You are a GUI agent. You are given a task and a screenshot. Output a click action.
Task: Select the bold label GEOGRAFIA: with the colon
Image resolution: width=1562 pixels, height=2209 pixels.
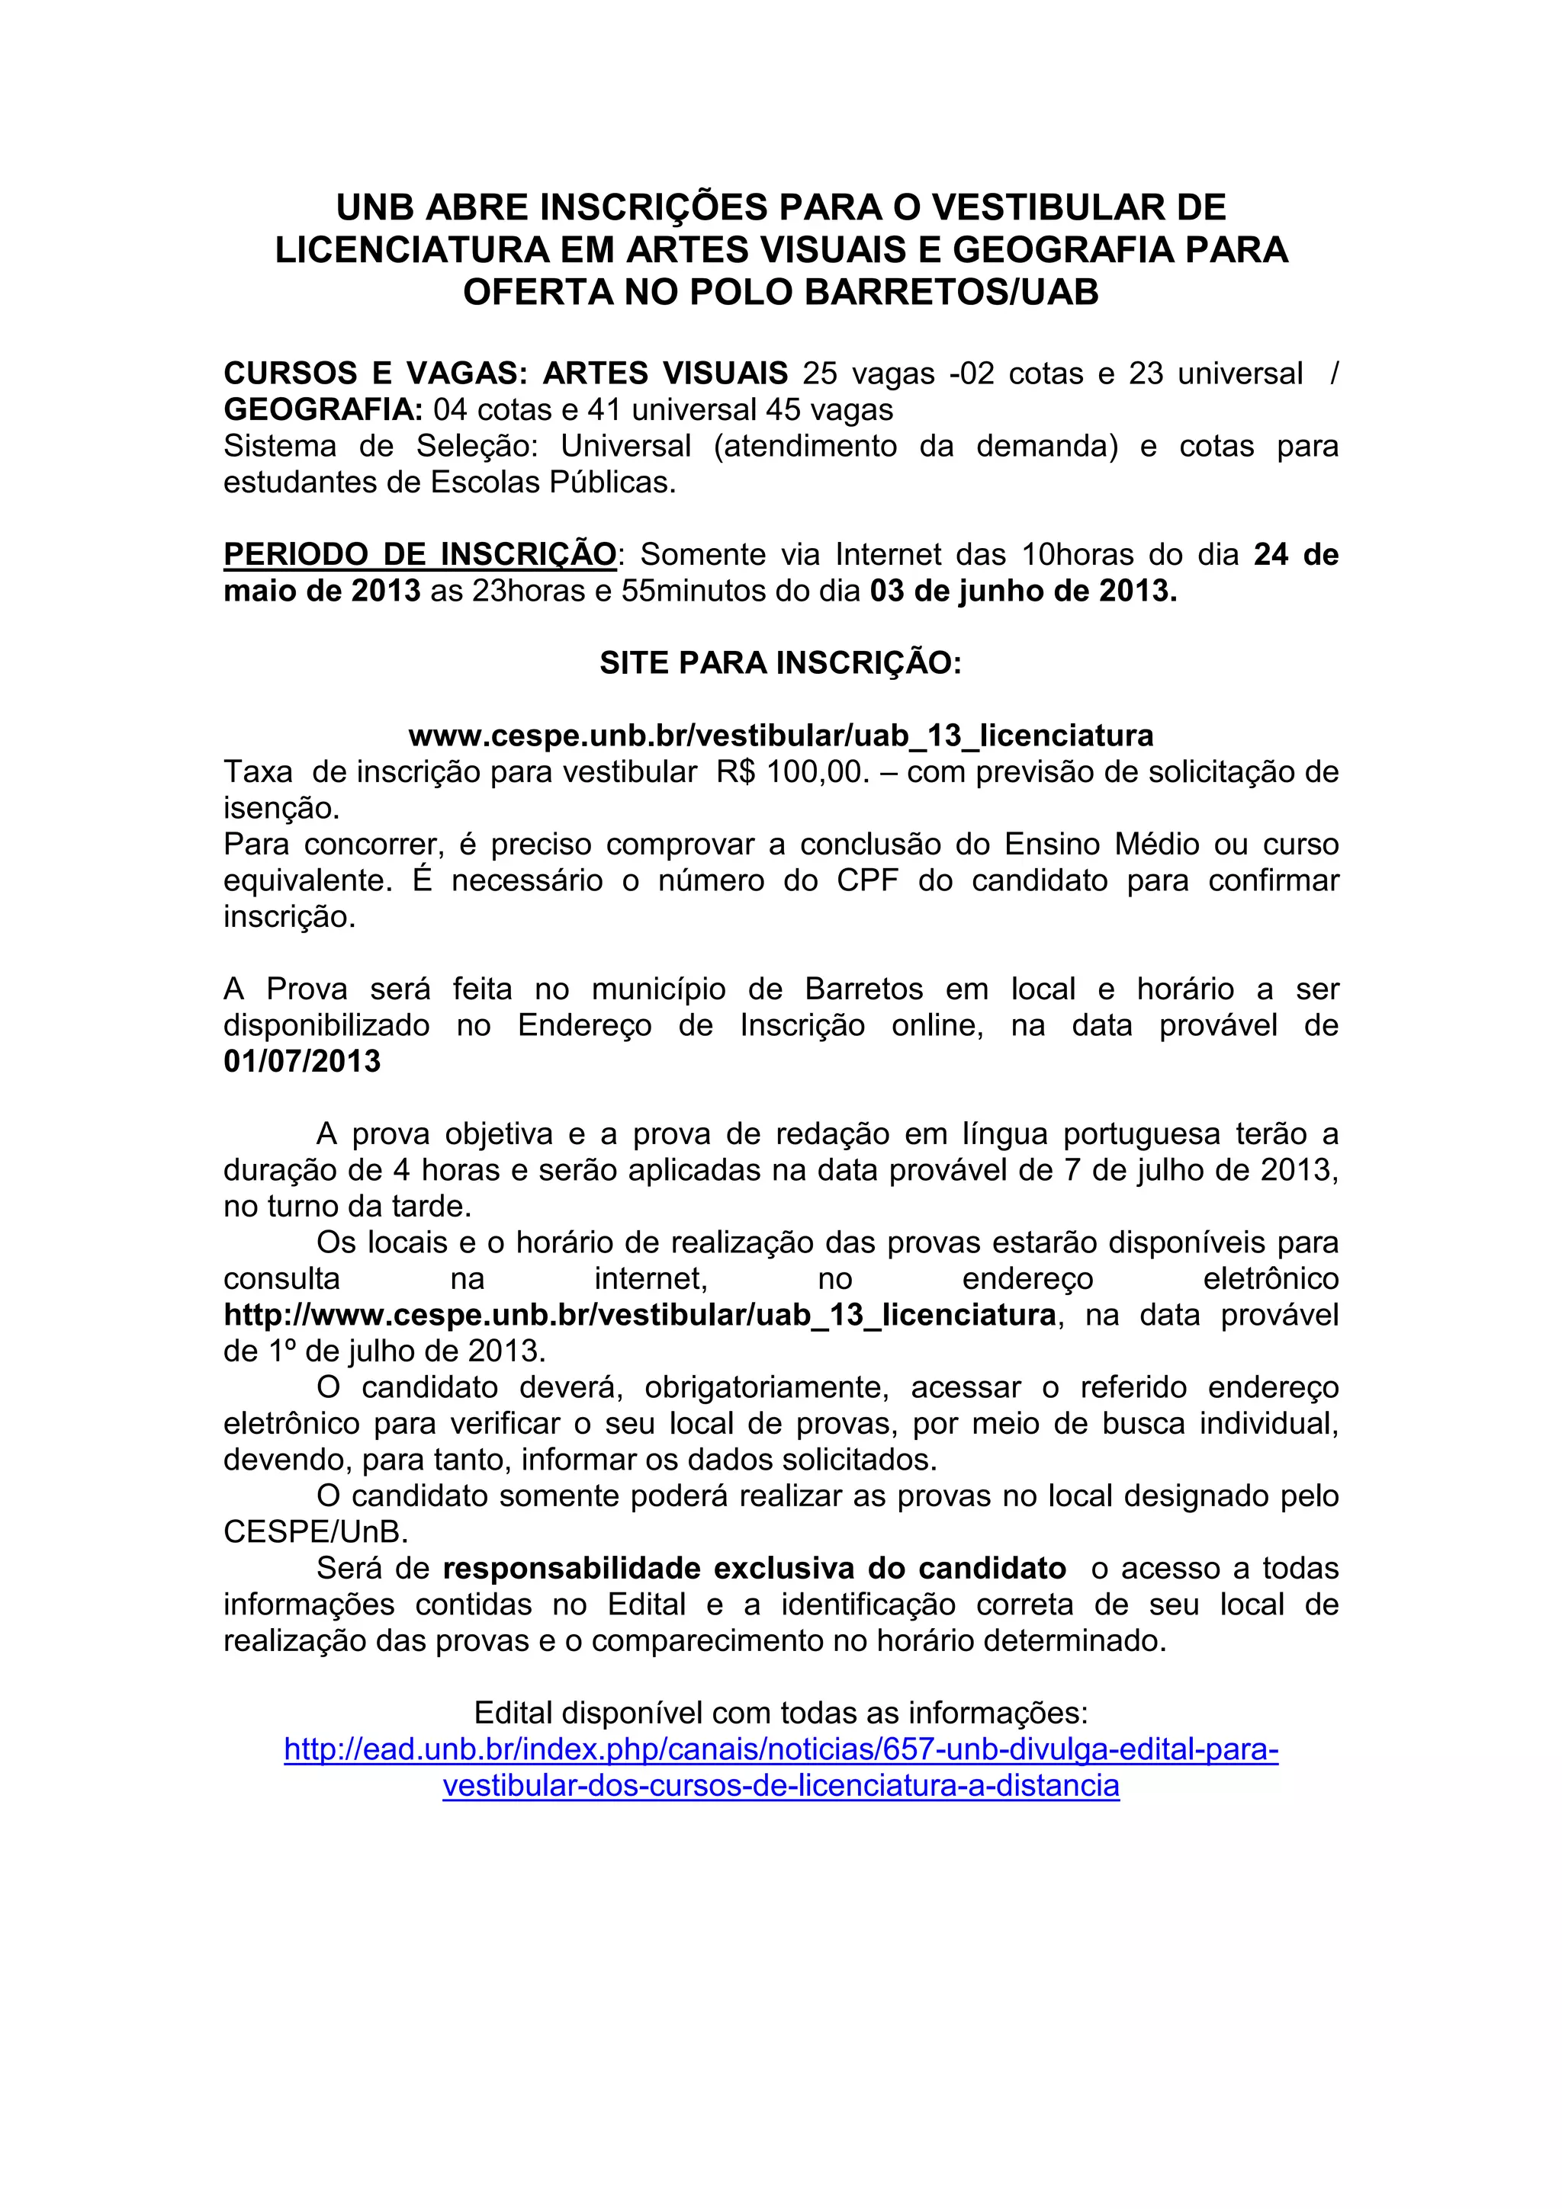click(x=323, y=410)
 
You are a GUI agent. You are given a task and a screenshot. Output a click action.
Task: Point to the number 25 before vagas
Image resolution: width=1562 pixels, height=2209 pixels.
click(x=820, y=374)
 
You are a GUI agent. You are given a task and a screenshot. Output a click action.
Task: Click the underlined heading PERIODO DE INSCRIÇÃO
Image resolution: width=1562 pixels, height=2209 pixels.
click(x=419, y=554)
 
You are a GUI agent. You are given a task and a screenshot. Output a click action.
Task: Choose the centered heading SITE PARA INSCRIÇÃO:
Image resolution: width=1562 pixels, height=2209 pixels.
click(x=780, y=663)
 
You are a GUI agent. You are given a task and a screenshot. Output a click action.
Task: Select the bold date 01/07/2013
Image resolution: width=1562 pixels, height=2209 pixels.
click(x=302, y=1061)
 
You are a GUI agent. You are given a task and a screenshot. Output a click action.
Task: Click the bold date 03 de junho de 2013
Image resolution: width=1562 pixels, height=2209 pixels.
click(x=1023, y=591)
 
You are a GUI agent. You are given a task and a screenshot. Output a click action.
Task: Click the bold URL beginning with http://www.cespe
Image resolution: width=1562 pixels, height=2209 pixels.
click(x=639, y=1314)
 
